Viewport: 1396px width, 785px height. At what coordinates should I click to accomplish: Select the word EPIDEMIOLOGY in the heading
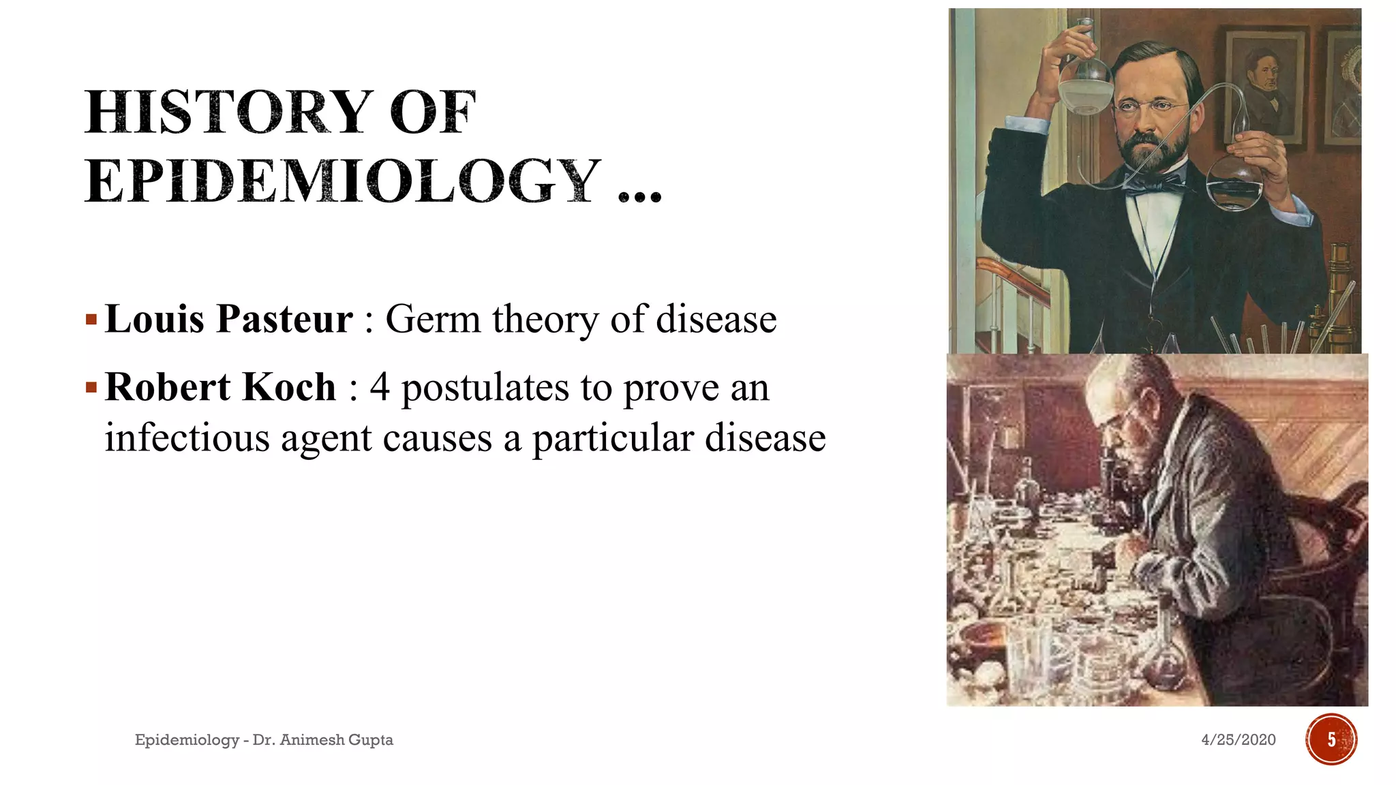(x=343, y=181)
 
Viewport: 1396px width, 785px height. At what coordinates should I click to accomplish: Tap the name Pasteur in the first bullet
(x=284, y=319)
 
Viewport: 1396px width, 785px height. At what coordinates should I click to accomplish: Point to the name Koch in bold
(x=289, y=387)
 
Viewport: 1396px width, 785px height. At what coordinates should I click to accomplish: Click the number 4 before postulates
(x=380, y=387)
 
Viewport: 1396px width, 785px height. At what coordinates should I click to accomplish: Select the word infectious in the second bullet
(x=187, y=437)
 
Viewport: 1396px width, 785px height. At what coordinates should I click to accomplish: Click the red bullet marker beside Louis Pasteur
(x=91, y=319)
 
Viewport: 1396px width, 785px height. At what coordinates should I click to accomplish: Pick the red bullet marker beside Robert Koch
(x=91, y=388)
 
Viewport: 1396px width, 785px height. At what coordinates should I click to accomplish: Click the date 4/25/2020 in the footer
(x=1238, y=740)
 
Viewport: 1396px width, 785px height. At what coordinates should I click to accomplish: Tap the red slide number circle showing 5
(x=1331, y=739)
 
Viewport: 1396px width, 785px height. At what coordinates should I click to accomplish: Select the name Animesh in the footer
(x=312, y=740)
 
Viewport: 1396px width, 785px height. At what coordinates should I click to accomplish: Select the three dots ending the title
(x=639, y=197)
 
